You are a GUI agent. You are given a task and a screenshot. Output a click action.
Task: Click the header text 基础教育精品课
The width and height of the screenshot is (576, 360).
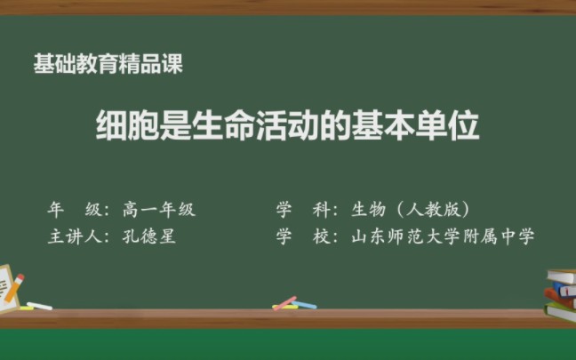pyautogui.click(x=109, y=64)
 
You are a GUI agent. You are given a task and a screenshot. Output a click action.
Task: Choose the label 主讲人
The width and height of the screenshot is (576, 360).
pyautogui.click(x=75, y=237)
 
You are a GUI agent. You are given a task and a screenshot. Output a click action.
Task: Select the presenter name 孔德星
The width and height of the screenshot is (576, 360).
pyautogui.click(x=149, y=237)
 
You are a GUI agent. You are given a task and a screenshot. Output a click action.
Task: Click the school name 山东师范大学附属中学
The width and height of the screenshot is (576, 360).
pyautogui.click(x=443, y=237)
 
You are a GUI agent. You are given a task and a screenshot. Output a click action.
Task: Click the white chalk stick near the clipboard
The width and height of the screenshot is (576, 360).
pyautogui.click(x=39, y=307)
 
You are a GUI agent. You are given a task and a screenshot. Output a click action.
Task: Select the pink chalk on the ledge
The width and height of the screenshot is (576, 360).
pyautogui.click(x=284, y=303)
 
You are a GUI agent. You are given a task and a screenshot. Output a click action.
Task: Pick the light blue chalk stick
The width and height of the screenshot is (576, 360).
pyautogui.click(x=305, y=306)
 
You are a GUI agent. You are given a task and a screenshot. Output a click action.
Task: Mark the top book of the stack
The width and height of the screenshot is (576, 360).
pyautogui.click(x=561, y=275)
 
